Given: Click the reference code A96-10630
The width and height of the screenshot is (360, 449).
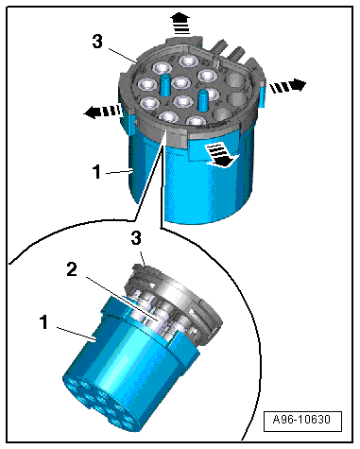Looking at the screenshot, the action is point(302,420).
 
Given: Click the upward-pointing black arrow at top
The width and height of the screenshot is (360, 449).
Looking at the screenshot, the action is point(182,23).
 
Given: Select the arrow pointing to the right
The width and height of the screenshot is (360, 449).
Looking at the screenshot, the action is point(288,86).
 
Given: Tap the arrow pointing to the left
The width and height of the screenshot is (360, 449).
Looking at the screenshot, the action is point(102,111).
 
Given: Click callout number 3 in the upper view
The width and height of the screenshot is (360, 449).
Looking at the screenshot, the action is point(97,42).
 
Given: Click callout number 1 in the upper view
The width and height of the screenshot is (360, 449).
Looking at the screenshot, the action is point(96,172).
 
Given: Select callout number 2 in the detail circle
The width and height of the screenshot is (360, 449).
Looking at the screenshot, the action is point(72,269).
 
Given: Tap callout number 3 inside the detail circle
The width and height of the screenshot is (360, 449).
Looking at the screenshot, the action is point(136,238).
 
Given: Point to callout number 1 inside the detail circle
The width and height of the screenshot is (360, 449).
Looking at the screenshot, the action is point(43,322).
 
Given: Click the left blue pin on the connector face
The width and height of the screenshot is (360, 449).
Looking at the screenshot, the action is point(164,85).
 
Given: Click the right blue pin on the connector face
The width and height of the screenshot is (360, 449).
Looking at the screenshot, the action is point(203,100).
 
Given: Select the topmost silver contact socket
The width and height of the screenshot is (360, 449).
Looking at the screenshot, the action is point(188,60).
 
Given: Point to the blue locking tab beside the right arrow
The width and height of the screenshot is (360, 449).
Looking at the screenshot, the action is point(262,94).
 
